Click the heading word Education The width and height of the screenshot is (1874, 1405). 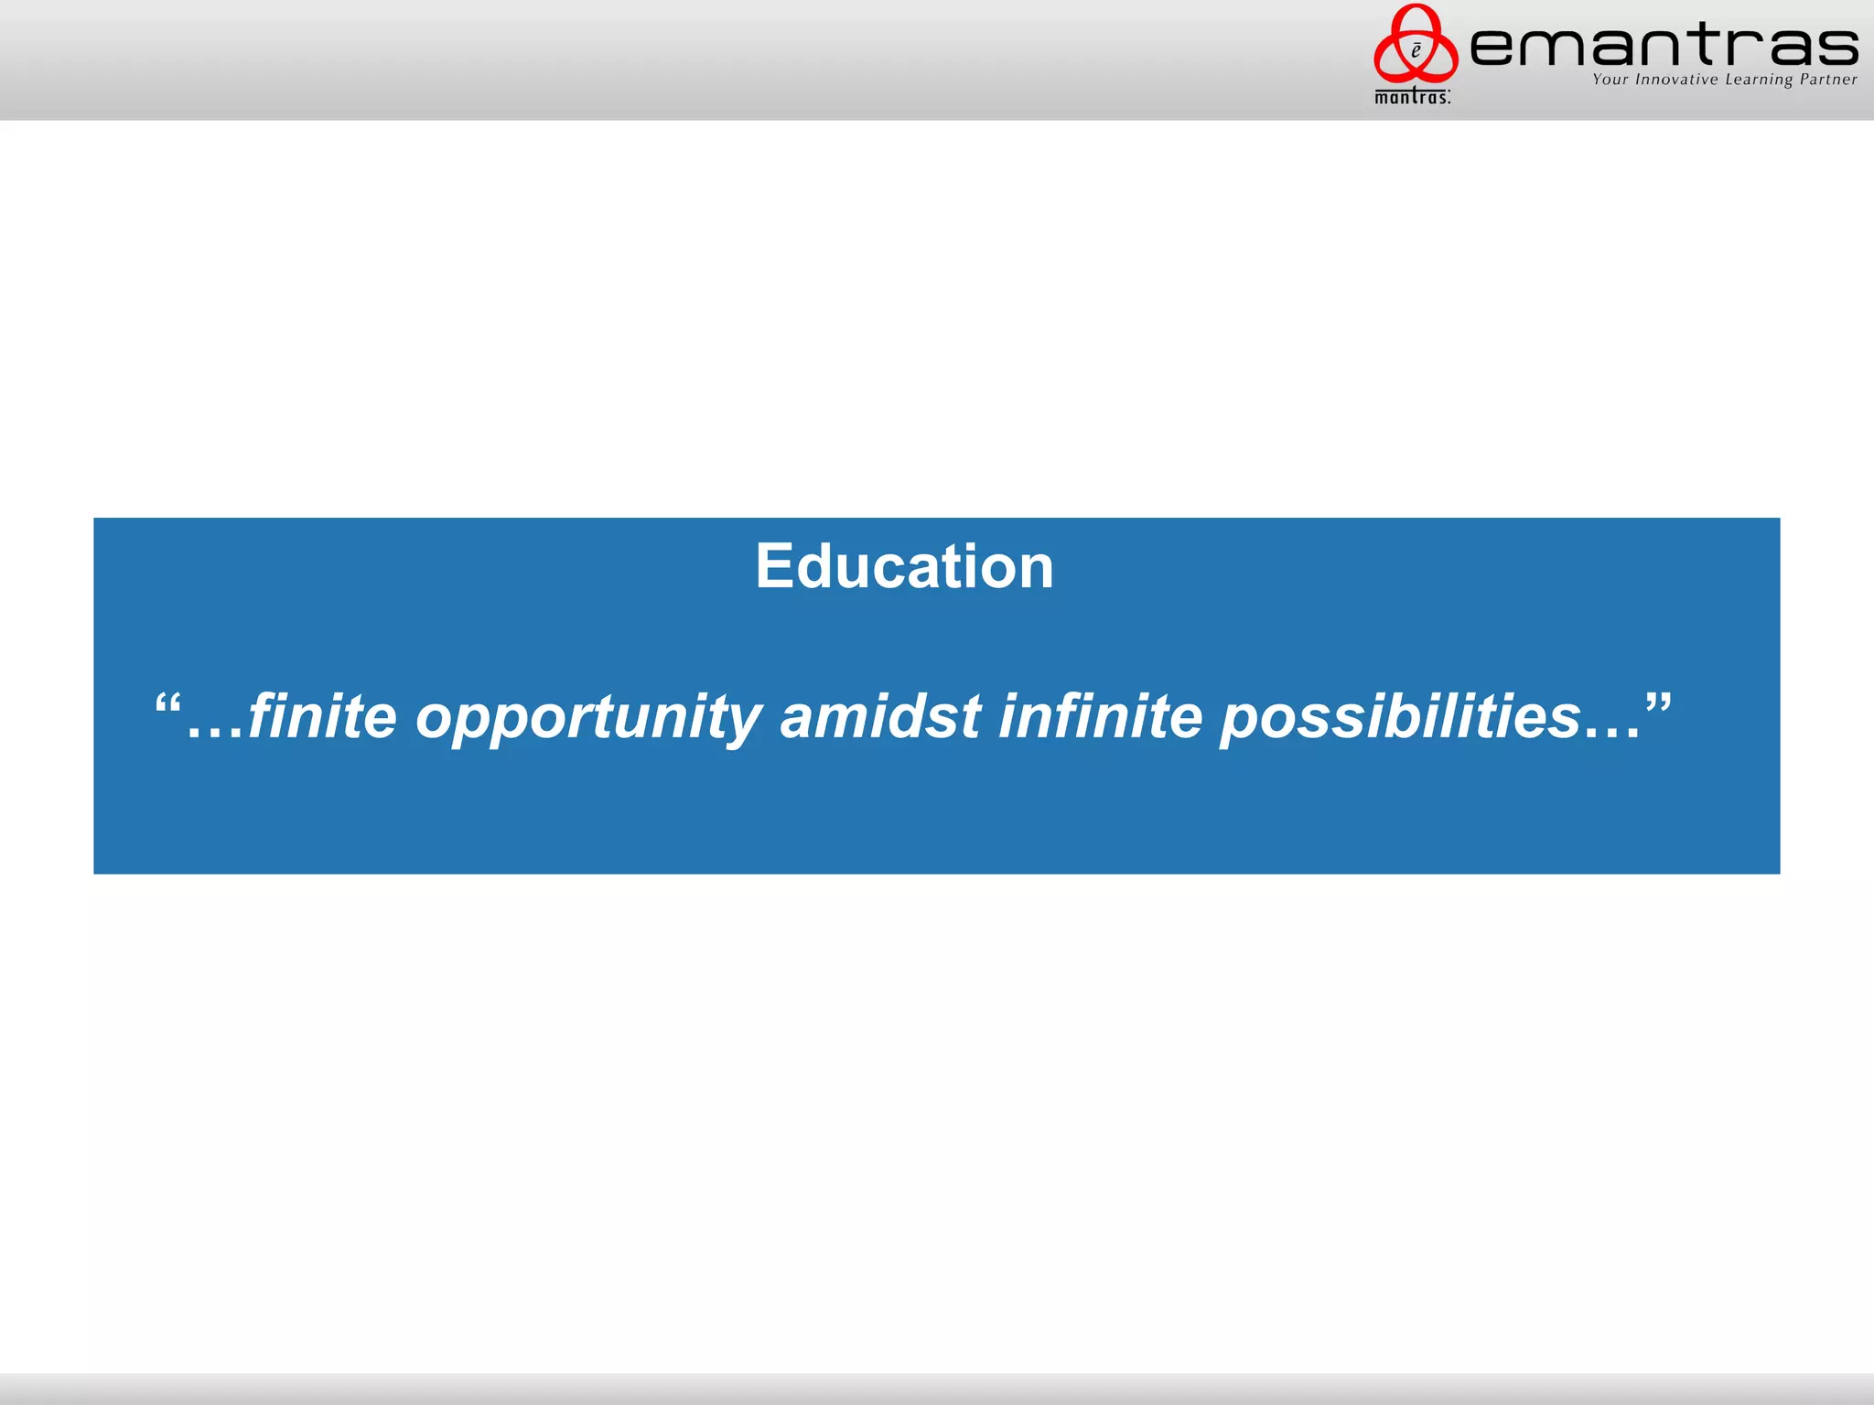(904, 566)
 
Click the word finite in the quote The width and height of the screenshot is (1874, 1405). (322, 715)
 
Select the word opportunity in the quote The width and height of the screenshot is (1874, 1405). (588, 717)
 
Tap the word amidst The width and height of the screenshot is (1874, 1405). (880, 715)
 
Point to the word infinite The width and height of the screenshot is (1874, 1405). (1100, 715)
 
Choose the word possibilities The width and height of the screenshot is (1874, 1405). (1400, 717)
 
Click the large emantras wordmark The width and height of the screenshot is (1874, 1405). (1664, 46)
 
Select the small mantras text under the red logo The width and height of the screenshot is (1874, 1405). (1412, 96)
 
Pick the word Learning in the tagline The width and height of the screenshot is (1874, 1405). (1758, 80)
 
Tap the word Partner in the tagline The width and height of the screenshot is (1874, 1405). (1828, 80)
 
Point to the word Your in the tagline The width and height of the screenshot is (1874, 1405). (1610, 80)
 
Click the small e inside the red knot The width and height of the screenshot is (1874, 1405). (1416, 51)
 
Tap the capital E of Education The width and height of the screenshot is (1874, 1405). (774, 566)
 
